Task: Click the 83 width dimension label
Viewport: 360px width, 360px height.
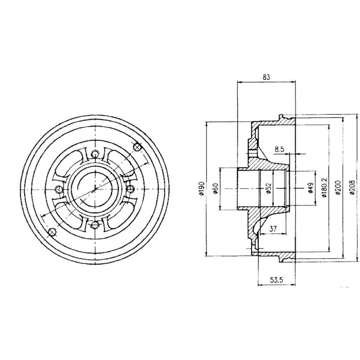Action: (x=266, y=77)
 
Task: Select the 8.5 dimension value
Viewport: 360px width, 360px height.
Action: (x=279, y=150)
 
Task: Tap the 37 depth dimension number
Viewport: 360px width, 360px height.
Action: (x=273, y=228)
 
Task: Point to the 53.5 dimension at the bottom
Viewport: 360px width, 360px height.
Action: (x=277, y=280)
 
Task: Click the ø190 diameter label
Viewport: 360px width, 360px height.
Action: (x=202, y=188)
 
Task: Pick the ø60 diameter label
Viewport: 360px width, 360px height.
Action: (x=215, y=189)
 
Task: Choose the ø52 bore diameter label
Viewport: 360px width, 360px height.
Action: (x=269, y=188)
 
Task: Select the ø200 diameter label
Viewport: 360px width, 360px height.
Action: (x=338, y=188)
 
